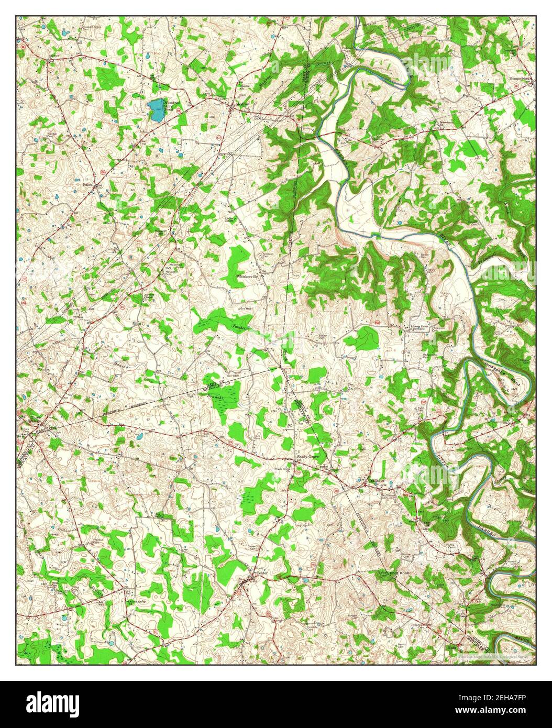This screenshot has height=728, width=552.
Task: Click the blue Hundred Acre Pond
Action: coord(156,109)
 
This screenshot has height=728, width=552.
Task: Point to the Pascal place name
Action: coord(89,185)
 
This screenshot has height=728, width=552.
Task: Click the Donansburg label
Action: coord(520,79)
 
